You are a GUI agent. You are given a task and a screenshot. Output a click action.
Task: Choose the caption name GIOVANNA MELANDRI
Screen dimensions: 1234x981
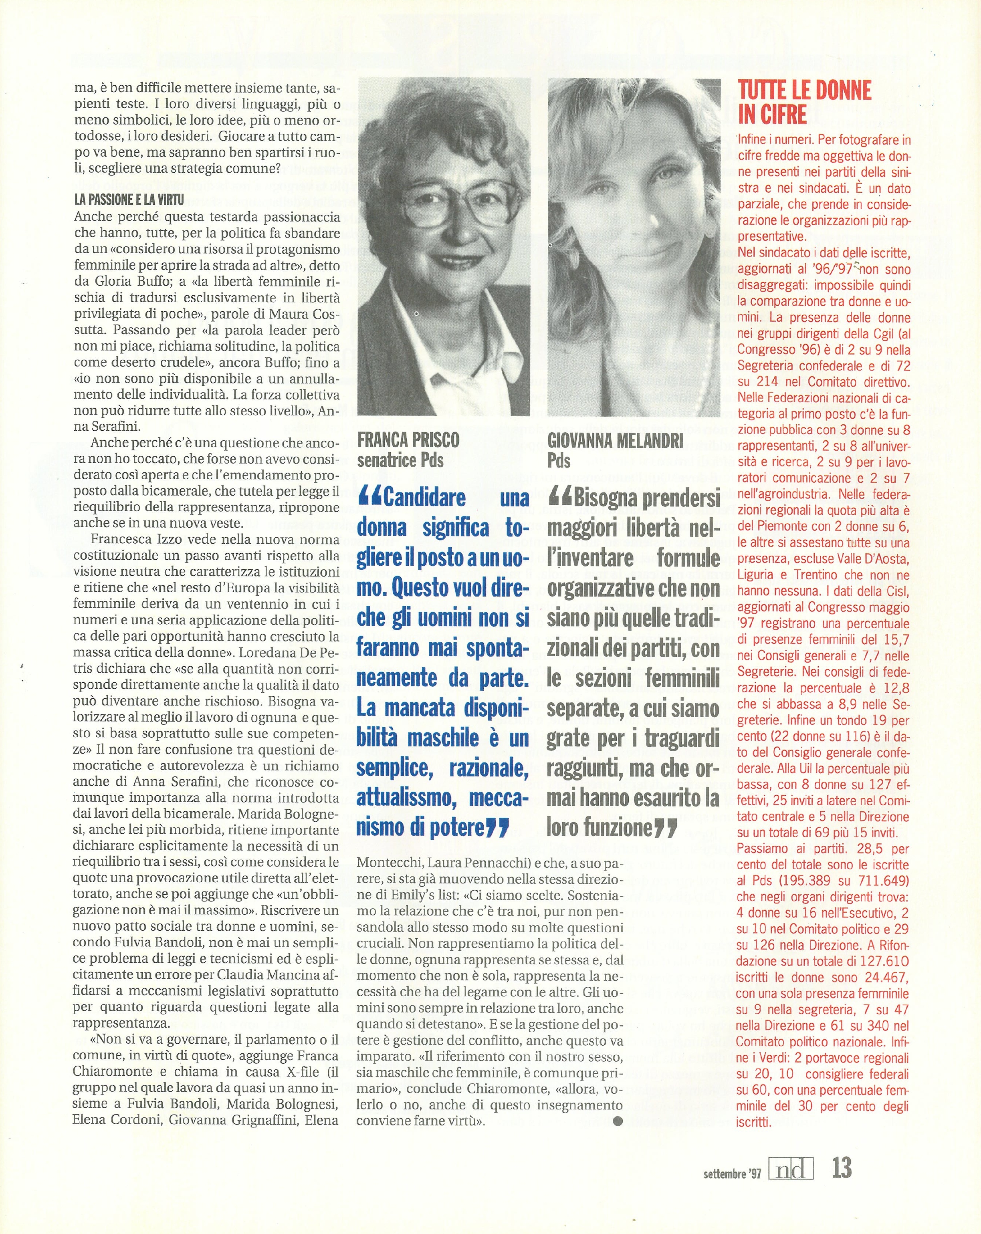click(615, 441)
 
